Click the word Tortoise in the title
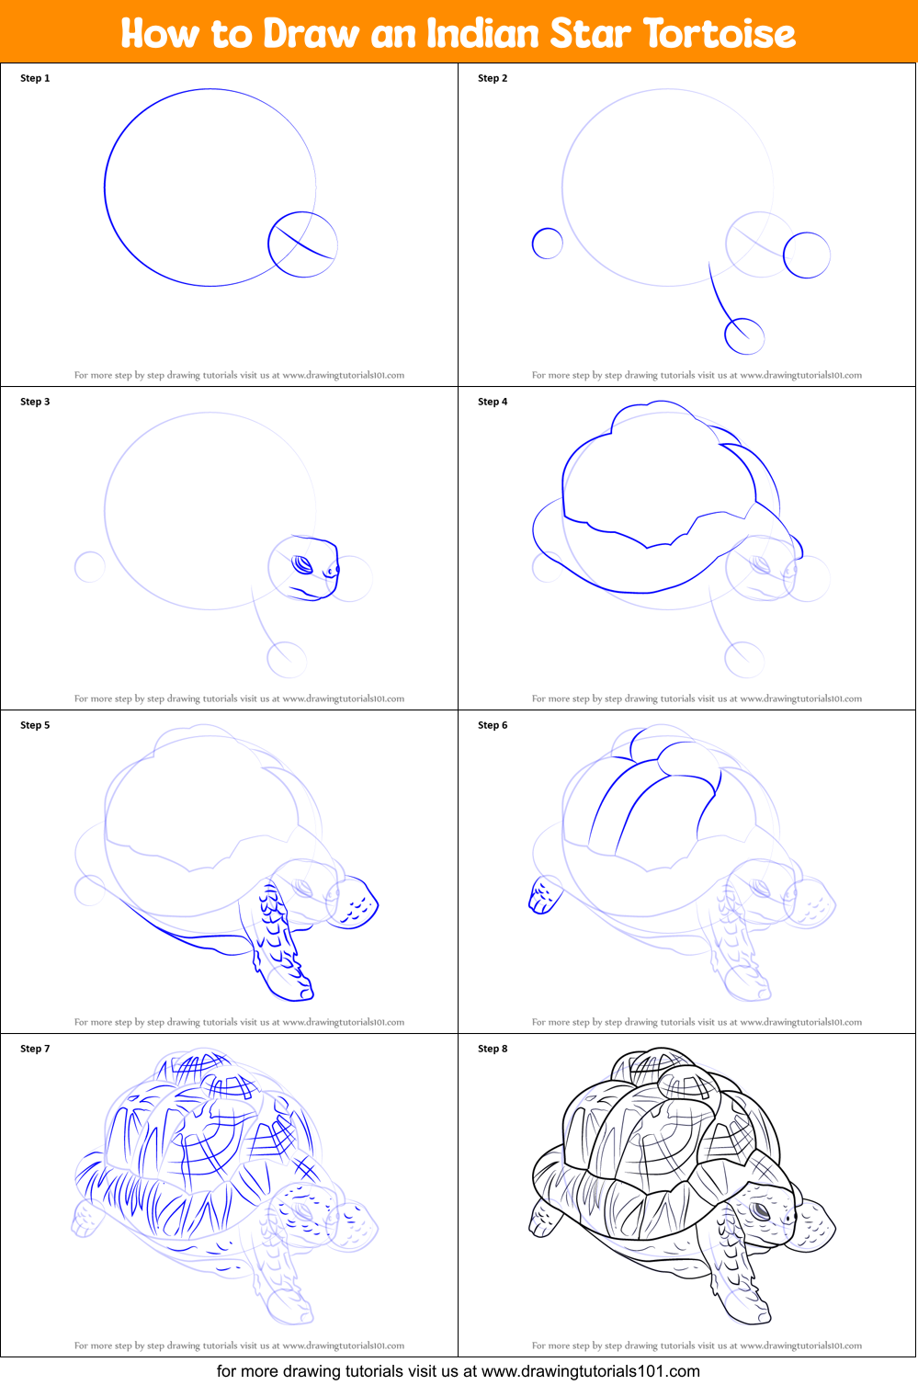719,34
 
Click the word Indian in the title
482,34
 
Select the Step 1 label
35,78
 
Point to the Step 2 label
493,78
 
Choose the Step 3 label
35,402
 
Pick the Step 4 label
493,402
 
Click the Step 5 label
35,725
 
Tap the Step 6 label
493,725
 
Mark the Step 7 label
35,1049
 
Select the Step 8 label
493,1049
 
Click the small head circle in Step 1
302,244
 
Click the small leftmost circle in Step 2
547,244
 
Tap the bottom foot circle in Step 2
744,336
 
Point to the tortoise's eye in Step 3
302,564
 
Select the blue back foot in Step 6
544,896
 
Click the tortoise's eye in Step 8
762,1212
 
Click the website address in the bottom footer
591,1371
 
